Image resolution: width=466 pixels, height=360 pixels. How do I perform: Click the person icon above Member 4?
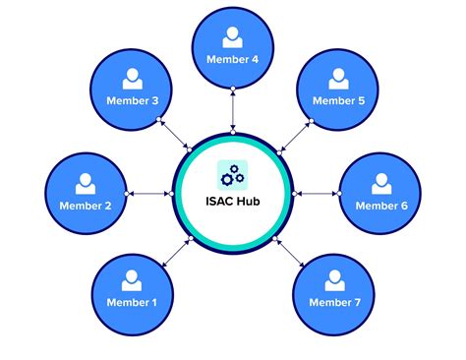point(232,37)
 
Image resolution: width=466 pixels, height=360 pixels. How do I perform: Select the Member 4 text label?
point(233,59)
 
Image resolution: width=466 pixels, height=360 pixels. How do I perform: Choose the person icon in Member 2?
point(87,183)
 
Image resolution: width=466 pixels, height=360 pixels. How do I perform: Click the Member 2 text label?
point(87,206)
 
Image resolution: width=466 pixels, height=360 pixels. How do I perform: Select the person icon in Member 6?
point(379,183)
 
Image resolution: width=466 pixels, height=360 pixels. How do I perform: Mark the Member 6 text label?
point(379,206)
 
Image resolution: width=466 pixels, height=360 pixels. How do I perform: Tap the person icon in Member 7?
point(335,278)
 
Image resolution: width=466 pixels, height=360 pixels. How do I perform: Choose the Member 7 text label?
point(335,301)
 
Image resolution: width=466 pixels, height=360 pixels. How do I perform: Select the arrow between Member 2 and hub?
point(150,193)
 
